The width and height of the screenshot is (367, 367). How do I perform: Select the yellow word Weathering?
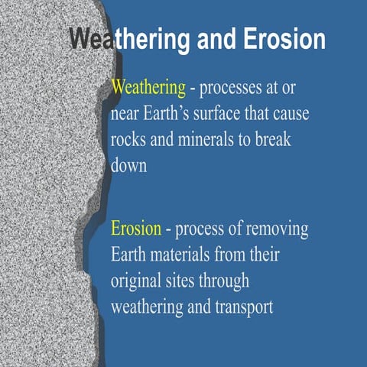148,89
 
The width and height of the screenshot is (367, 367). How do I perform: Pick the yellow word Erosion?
136,229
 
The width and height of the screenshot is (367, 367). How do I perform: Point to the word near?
128,115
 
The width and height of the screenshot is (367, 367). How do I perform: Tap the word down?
128,167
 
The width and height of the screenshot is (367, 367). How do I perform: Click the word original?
138,281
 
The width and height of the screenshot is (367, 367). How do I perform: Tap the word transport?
242,307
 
